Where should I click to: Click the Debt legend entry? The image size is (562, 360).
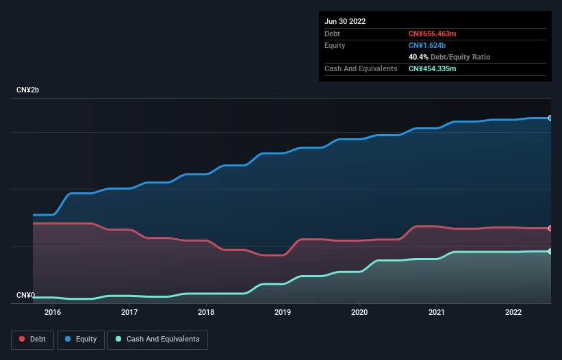(x=33, y=339)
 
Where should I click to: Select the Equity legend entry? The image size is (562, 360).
(x=81, y=339)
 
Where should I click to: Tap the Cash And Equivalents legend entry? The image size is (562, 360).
(x=157, y=339)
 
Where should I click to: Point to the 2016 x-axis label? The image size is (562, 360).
(x=53, y=313)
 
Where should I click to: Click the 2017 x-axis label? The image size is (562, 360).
(x=129, y=313)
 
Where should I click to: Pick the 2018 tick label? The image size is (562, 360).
(x=206, y=313)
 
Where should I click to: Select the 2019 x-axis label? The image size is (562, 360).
(x=283, y=313)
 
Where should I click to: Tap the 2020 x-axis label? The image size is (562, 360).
(x=359, y=313)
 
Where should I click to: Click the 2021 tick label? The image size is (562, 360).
(x=436, y=313)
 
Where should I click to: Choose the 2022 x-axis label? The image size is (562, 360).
(x=513, y=313)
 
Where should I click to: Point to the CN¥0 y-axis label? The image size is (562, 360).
(x=25, y=296)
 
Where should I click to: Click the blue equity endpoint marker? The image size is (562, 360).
(x=550, y=118)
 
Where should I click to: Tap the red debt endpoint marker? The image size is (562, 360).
(x=550, y=228)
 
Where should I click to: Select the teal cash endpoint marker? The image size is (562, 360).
(x=550, y=251)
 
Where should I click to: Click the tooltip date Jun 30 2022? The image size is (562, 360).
(x=345, y=21)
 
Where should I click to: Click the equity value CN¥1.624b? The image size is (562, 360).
(x=427, y=45)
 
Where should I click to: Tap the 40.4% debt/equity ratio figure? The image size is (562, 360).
(x=418, y=57)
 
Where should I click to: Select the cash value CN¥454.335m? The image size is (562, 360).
(x=436, y=68)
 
